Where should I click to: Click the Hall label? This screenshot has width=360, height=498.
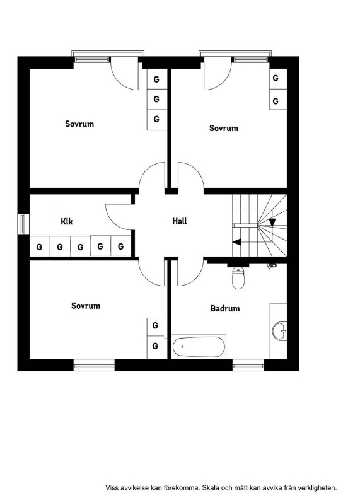180,221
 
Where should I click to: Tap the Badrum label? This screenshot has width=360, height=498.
225,308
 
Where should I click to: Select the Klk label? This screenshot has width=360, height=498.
67,221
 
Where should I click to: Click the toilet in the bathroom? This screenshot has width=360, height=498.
238,278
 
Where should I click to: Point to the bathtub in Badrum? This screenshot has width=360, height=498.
199,347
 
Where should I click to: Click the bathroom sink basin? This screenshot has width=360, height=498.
279,331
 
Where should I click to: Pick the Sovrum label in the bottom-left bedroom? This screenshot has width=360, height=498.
86,306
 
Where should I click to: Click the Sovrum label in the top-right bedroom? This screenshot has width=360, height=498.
223,128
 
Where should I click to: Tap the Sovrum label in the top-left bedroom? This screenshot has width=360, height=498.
79,124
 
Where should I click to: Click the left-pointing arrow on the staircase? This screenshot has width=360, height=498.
236,242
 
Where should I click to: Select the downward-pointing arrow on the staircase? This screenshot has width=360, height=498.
272,223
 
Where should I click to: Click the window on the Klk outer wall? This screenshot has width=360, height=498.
23,224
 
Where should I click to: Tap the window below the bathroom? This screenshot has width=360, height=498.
248,365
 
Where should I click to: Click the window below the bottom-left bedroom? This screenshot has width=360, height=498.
94,365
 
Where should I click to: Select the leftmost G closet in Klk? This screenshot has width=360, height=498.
39,246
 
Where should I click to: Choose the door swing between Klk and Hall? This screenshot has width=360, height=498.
119,217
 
